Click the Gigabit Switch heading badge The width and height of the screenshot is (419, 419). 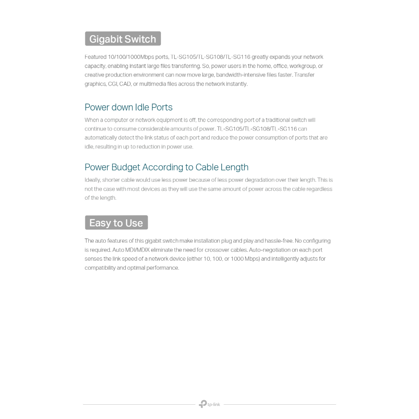pyautogui.click(x=123, y=39)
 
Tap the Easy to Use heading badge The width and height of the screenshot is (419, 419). pyautogui.click(x=116, y=223)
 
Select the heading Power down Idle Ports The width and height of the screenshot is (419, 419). pyautogui.click(x=128, y=107)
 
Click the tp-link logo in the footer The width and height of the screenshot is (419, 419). pyautogui.click(x=209, y=404)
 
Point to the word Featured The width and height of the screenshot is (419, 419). pyautogui.click(x=95, y=57)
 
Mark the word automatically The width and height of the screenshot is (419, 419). pyautogui.click(x=101, y=138)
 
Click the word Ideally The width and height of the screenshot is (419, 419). pyautogui.click(x=92, y=180)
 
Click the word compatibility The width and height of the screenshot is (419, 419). pyautogui.click(x=100, y=268)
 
